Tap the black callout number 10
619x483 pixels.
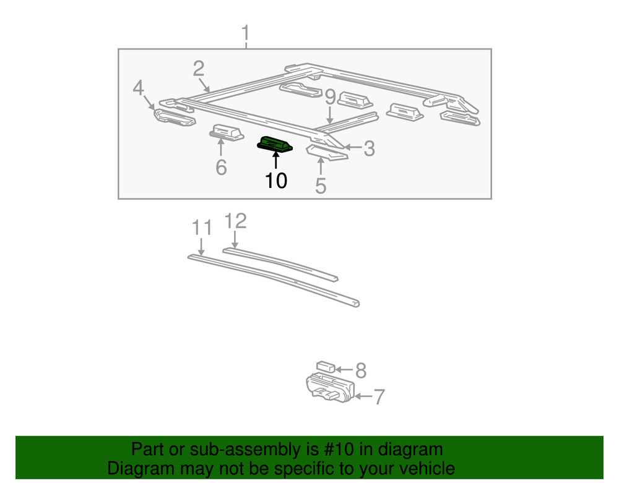tap(276, 181)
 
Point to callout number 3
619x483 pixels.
tap(369, 148)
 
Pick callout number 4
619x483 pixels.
tap(139, 88)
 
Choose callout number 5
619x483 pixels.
tap(320, 185)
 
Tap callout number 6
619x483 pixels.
tap(221, 167)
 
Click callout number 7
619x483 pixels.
tap(379, 396)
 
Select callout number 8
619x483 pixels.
tap(361, 370)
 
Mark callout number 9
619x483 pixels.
tap(330, 97)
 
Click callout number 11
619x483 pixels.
tap(201, 228)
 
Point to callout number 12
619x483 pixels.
tap(235, 221)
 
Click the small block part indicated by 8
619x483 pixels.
tap(325, 367)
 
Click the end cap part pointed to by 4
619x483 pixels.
tap(173, 117)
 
